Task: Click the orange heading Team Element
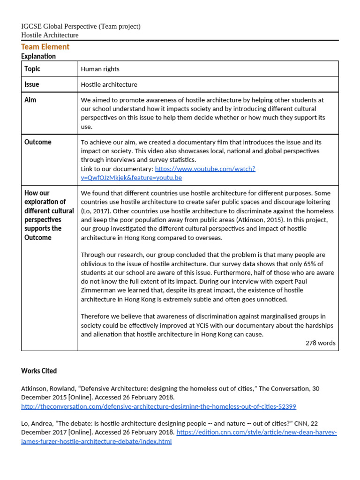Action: click(x=45, y=47)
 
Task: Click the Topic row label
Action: click(x=32, y=69)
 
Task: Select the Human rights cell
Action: click(x=100, y=69)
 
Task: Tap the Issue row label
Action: click(x=32, y=84)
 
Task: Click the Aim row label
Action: click(x=30, y=100)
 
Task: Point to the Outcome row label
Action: click(x=37, y=142)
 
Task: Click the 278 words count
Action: click(x=320, y=343)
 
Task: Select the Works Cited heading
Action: click(x=39, y=371)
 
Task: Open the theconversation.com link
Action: click(x=158, y=406)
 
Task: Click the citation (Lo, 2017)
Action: click(x=98, y=211)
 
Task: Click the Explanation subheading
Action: click(x=38, y=56)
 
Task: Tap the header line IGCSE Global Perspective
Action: click(x=81, y=26)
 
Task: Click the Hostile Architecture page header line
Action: click(x=50, y=35)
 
